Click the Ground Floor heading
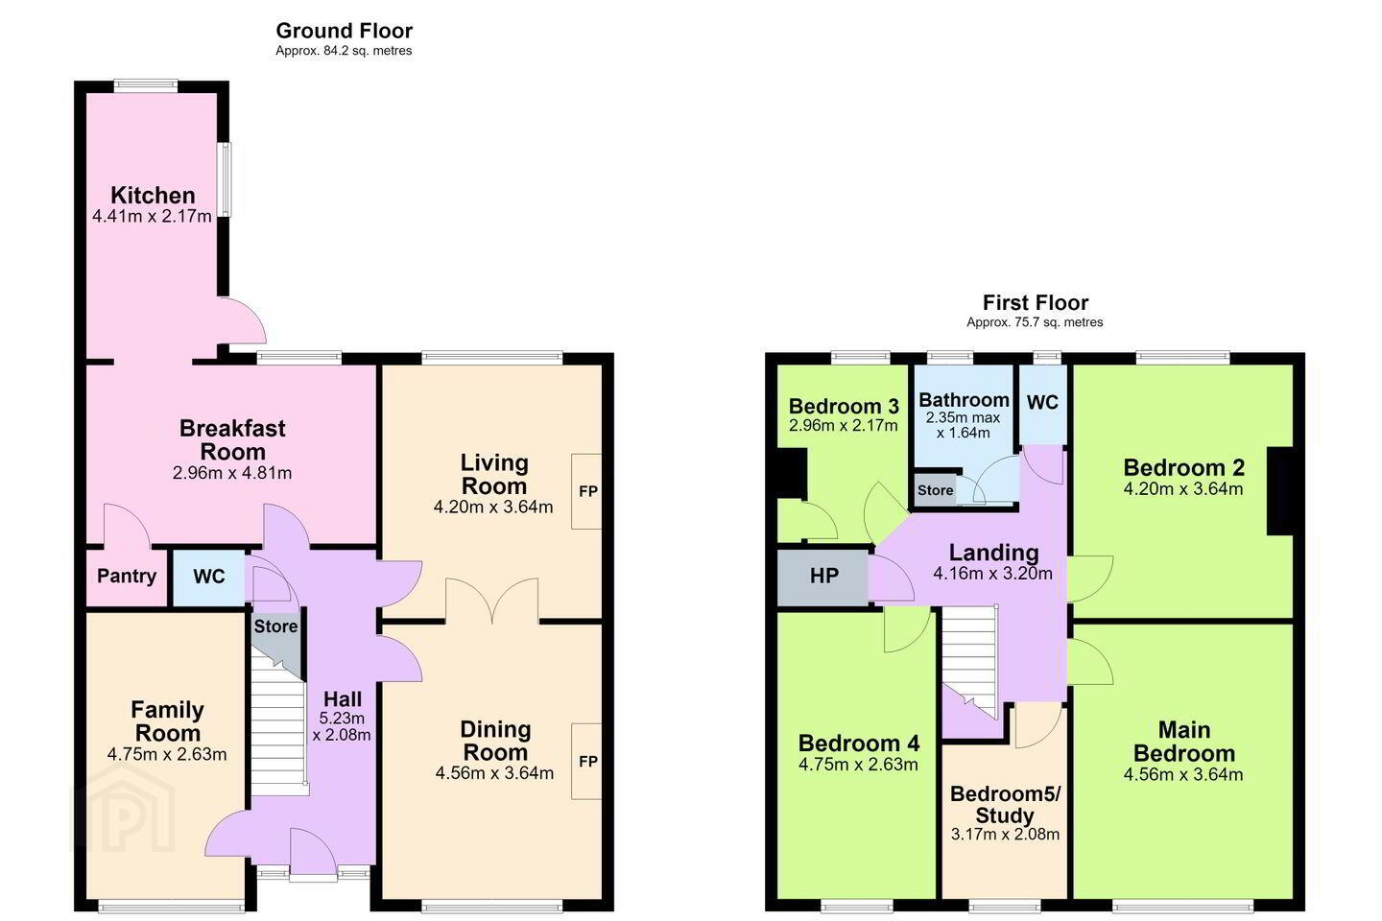pos(344,31)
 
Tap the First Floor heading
pos(1035,302)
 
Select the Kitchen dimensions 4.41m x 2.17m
pos(152,216)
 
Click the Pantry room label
pos(127,576)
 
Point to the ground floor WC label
pos(208,577)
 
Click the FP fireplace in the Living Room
pos(586,491)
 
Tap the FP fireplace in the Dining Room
pos(586,761)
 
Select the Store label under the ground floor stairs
pos(275,626)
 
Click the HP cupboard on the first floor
pos(823,578)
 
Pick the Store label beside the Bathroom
pos(936,490)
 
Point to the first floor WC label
pos(1042,402)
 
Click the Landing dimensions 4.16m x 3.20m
pos(992,573)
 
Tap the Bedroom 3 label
pos(844,406)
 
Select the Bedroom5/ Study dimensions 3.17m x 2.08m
pos(1005,834)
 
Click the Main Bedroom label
pos(1184,742)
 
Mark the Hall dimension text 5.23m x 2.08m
pos(342,726)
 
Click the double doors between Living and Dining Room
pos(491,600)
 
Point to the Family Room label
pos(167,721)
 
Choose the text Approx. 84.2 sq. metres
pos(344,51)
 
